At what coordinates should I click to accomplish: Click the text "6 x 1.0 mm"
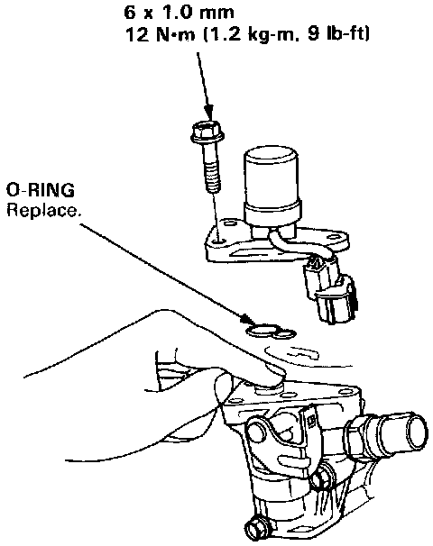point(179,13)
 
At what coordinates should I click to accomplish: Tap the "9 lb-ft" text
point(338,35)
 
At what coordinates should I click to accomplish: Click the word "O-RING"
point(41,190)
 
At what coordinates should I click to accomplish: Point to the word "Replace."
point(43,210)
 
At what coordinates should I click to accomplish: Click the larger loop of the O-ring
point(262,331)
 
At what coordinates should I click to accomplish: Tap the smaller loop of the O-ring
point(284,334)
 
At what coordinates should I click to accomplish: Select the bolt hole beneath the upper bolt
point(219,241)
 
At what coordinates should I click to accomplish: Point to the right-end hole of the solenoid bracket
point(334,238)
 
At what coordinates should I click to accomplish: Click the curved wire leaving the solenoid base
point(300,251)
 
